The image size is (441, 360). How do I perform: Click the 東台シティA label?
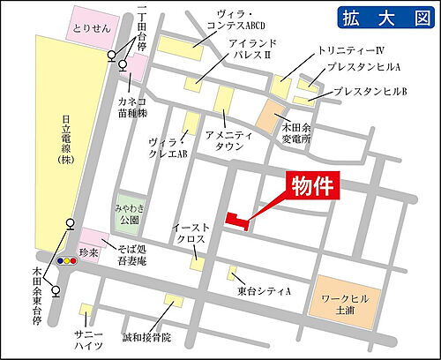(x=263, y=290)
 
